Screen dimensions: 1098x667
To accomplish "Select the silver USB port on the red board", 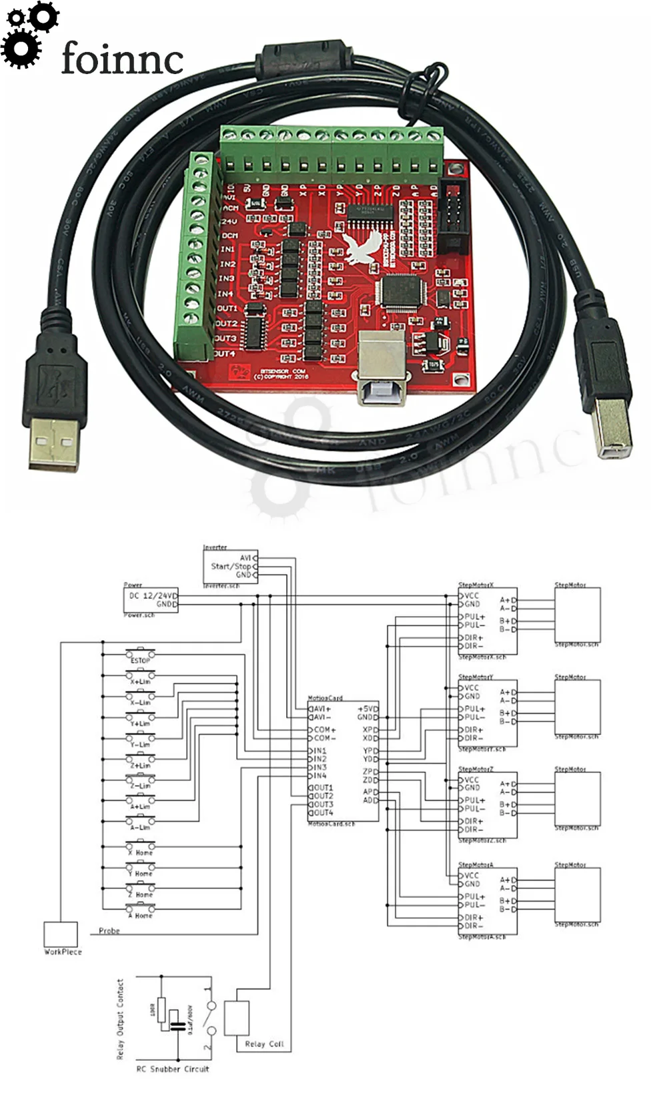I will point(380,367).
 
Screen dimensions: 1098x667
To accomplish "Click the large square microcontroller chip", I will point(399,292).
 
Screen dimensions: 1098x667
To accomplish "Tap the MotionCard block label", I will point(325,698).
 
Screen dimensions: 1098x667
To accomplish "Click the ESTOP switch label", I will point(140,660).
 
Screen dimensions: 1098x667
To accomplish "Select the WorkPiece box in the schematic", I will point(61,934).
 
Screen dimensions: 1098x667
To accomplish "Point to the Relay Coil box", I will point(237,1018).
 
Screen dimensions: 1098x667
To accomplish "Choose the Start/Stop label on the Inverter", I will point(231,566).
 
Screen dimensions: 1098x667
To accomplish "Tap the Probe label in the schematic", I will point(109,930).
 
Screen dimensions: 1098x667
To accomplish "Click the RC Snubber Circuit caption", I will point(173,1069).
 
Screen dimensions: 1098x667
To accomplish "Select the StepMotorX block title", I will point(476,585).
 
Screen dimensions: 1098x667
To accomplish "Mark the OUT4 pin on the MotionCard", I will point(323,813).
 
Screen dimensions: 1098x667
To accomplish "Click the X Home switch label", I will point(140,853).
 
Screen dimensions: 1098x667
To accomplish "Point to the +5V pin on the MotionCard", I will point(368,709).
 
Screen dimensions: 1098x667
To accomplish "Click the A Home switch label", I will point(140,916).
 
